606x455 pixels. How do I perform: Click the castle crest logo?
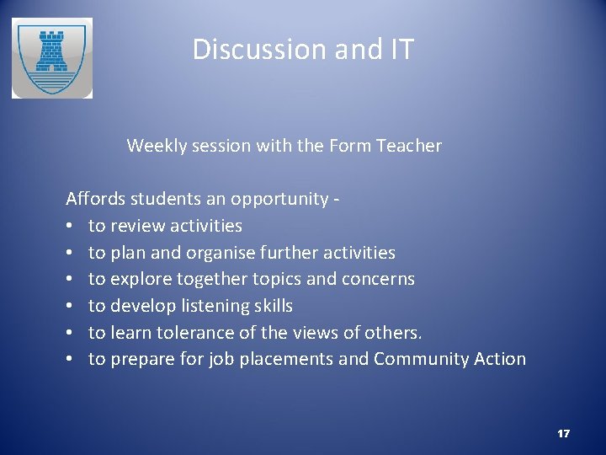(51, 58)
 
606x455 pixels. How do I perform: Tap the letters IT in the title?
(401, 50)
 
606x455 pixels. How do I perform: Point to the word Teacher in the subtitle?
(409, 146)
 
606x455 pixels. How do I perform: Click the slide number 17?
(563, 434)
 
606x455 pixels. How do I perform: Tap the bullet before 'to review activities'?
(71, 227)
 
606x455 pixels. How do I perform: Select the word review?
(137, 226)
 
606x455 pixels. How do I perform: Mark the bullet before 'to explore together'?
(71, 280)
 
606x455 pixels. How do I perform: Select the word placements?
(286, 359)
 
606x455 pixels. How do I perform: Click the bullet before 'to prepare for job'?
(71, 360)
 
